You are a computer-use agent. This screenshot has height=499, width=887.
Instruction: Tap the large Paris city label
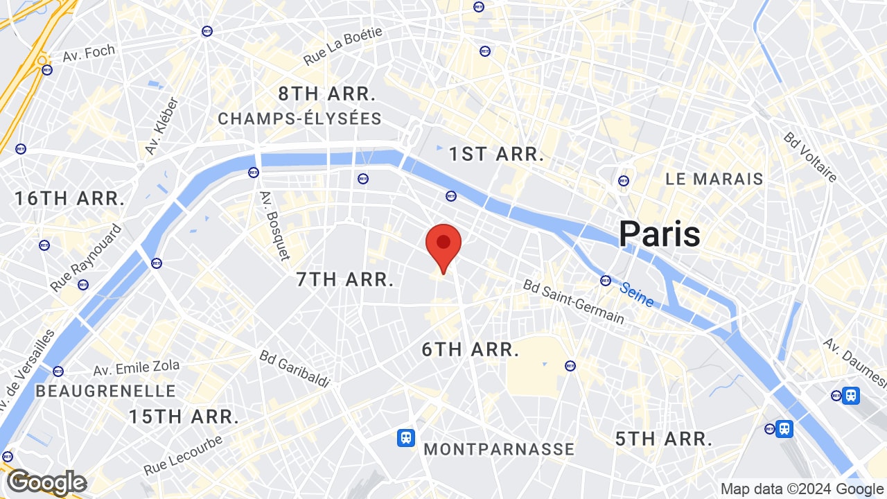click(x=659, y=234)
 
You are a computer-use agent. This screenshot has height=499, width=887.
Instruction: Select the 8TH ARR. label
click(x=327, y=94)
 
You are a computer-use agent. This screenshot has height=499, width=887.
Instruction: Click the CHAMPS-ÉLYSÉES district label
click(x=299, y=119)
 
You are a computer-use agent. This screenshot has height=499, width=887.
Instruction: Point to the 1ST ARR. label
click(x=495, y=155)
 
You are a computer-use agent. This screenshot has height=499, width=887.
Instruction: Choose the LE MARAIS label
click(x=714, y=179)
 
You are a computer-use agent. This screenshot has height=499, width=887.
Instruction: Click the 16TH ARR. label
click(x=69, y=199)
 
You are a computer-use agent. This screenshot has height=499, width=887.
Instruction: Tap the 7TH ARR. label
click(x=344, y=280)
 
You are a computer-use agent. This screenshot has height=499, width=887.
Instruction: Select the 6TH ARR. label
click(x=471, y=350)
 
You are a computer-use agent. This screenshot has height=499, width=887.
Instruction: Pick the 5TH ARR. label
click(x=664, y=439)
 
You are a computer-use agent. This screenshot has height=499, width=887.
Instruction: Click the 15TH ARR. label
click(x=184, y=417)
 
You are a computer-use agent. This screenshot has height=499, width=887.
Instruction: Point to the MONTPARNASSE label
click(x=499, y=449)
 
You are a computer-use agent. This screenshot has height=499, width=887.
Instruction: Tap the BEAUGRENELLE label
click(x=105, y=391)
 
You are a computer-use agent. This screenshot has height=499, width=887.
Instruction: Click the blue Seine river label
click(x=636, y=295)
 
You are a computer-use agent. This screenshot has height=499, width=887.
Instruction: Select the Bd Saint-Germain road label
click(x=573, y=302)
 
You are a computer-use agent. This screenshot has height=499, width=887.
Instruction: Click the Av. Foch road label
click(x=89, y=53)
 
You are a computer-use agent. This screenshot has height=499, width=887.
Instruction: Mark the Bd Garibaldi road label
click(x=295, y=369)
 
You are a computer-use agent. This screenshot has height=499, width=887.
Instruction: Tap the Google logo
click(x=46, y=482)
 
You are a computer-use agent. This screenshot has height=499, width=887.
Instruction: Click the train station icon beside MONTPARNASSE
click(x=405, y=438)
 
